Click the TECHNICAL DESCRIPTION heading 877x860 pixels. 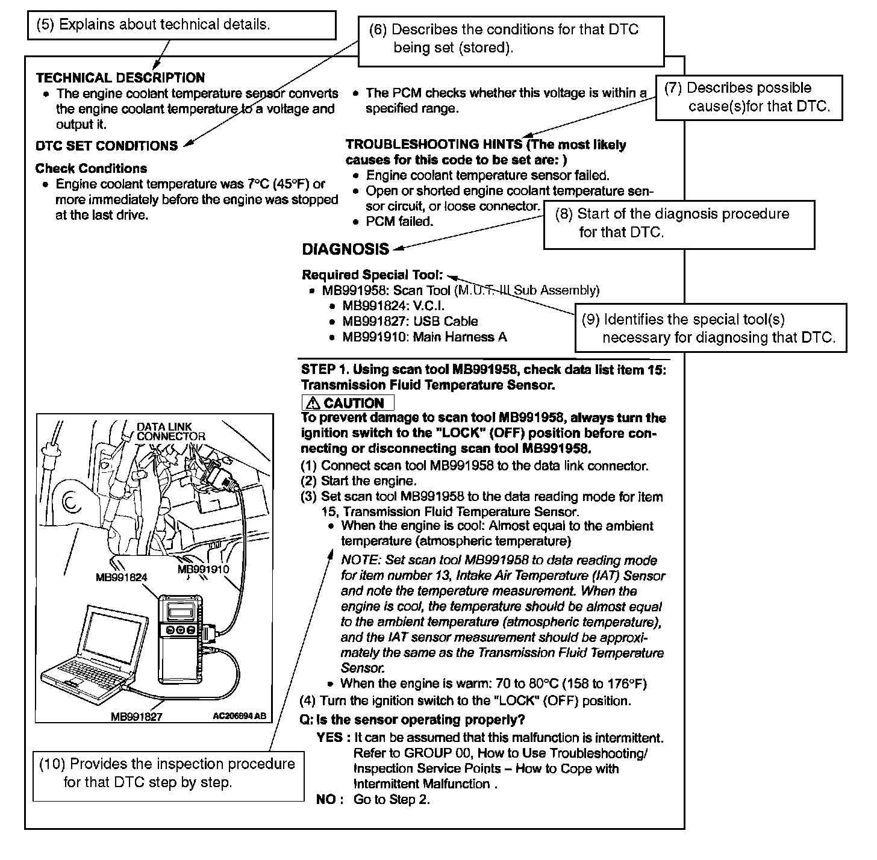point(120,78)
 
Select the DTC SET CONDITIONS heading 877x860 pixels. point(107,146)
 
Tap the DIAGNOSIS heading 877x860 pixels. point(345,249)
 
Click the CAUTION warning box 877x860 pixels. point(348,403)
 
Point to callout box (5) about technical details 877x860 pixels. point(181,25)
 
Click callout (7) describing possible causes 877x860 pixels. point(749,98)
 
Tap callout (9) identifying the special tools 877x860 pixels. point(710,328)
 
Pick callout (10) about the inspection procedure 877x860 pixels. point(168,773)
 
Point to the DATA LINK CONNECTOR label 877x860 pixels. point(170,431)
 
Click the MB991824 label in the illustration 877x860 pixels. point(121,578)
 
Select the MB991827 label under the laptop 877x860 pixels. point(137,717)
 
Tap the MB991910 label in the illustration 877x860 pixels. point(203,569)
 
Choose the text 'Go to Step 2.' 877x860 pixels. point(392,800)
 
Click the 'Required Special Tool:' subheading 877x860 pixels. point(372,275)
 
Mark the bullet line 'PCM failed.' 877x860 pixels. point(399,222)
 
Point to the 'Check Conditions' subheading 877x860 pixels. point(91,168)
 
